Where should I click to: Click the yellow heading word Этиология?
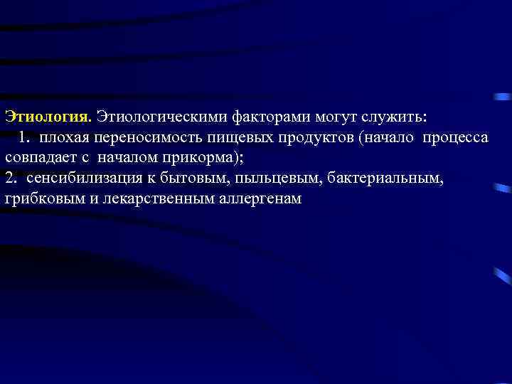pyautogui.click(x=47, y=115)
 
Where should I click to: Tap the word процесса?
pyautogui.click(x=455, y=137)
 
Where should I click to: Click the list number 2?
pyautogui.click(x=10, y=178)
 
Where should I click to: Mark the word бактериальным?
pyautogui.click(x=385, y=178)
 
